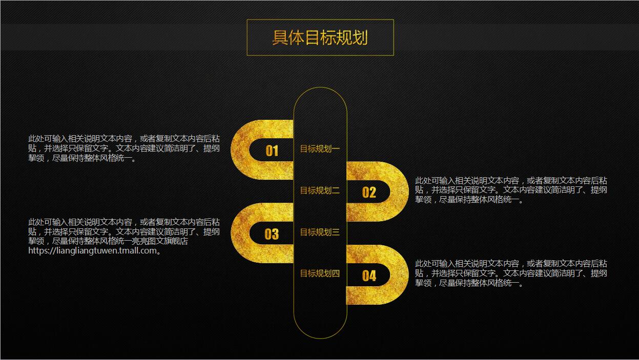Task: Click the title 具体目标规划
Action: [x=320, y=37]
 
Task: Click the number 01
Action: [x=272, y=151]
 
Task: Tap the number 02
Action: [x=369, y=192]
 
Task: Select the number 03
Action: [x=272, y=234]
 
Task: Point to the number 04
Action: [x=369, y=276]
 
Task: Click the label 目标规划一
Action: [x=320, y=149]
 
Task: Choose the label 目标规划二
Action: [x=320, y=191]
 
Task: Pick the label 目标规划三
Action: [x=320, y=232]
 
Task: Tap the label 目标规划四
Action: [x=320, y=273]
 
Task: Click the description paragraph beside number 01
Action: [x=124, y=149]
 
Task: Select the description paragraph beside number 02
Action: [x=511, y=190]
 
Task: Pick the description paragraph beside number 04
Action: [x=511, y=273]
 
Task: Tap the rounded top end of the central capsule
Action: [x=320, y=97]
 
